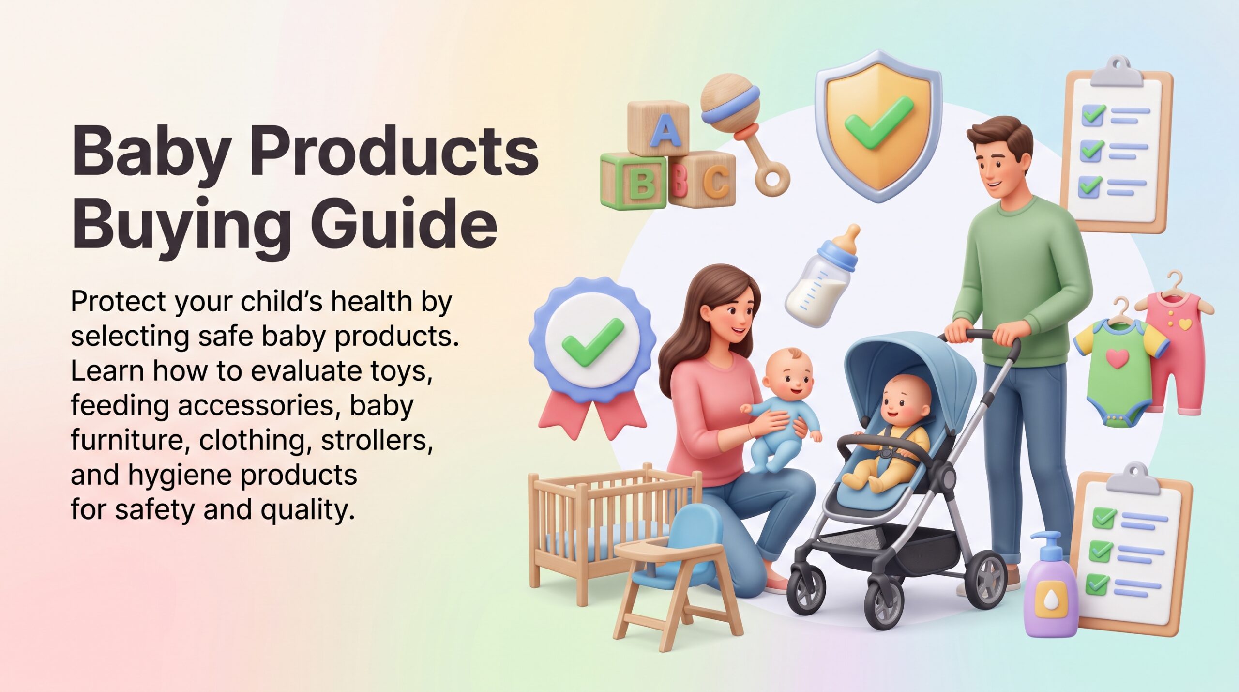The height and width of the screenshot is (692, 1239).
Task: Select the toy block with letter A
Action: [x=658, y=128]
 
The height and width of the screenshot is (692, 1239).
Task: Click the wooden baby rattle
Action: [x=741, y=131]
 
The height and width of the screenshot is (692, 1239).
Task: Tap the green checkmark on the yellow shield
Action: [x=878, y=122]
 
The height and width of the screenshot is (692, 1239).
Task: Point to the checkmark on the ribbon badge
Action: [x=593, y=341]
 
